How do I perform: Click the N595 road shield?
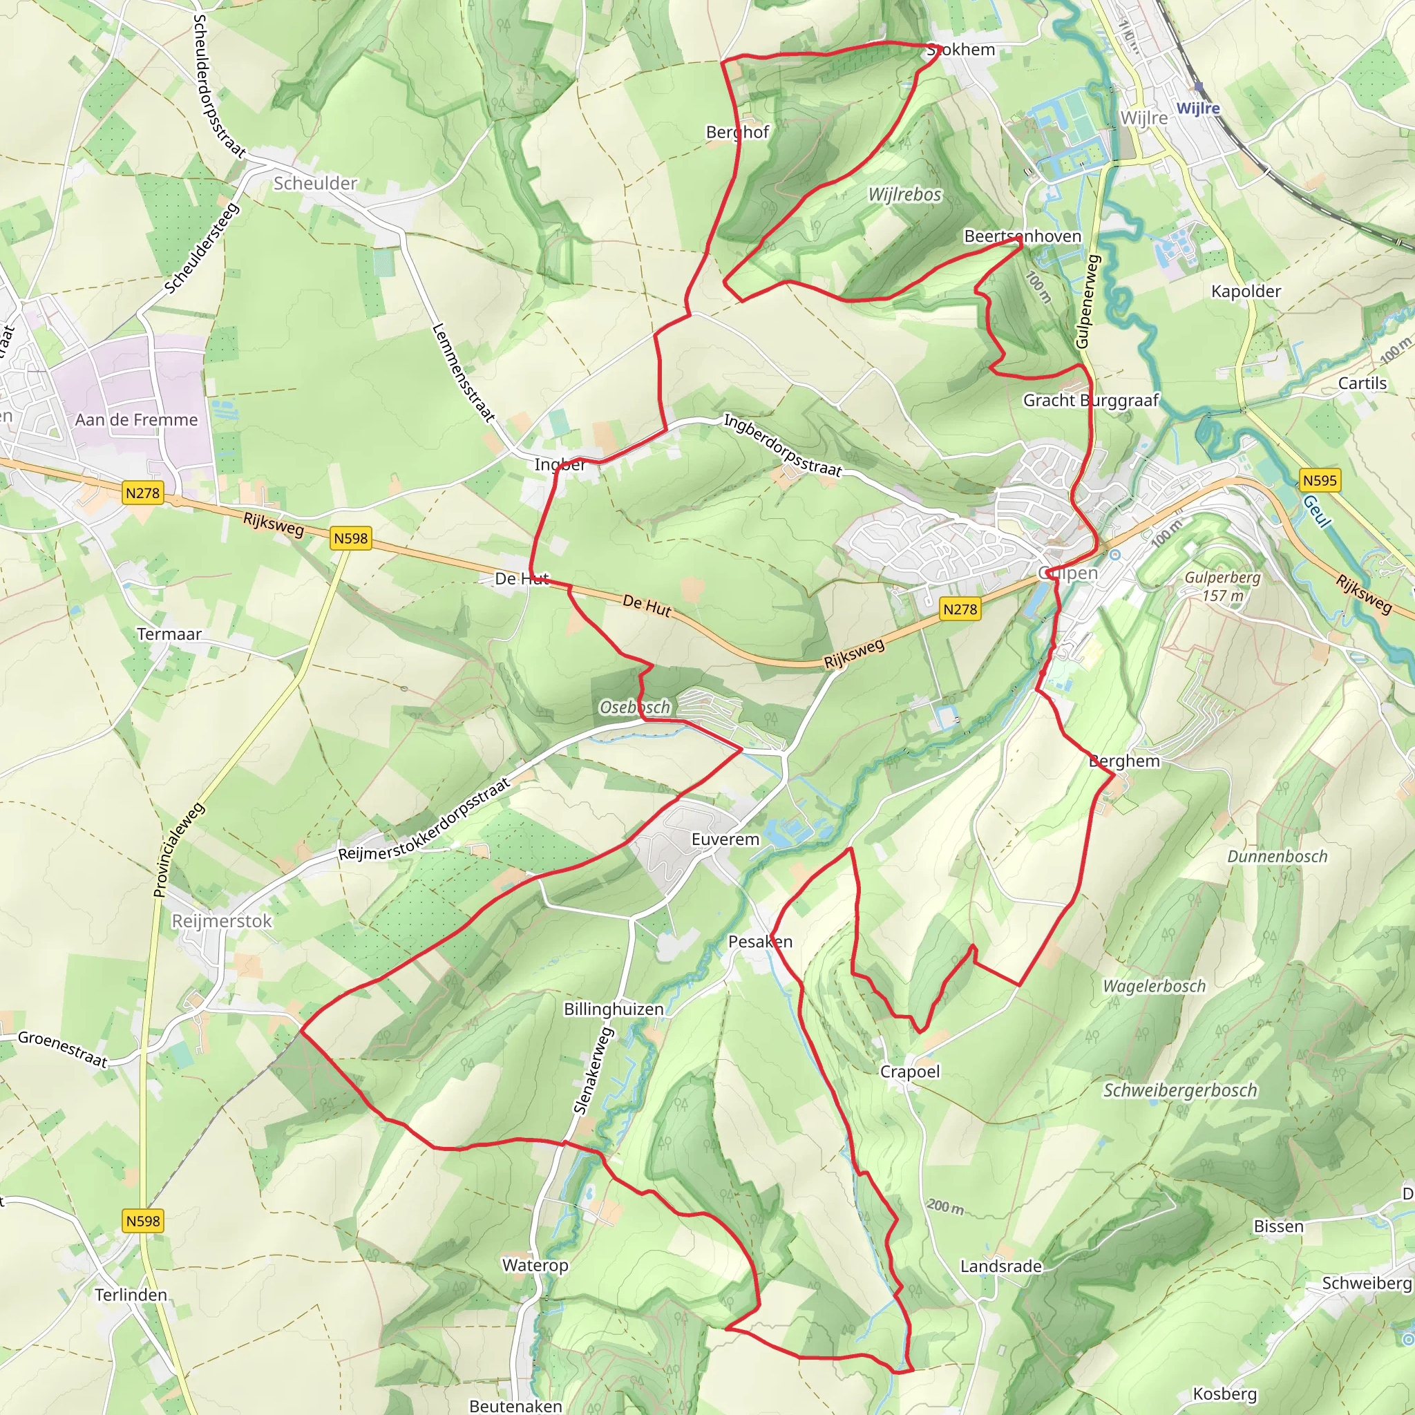1319,480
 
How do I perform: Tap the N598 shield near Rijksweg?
351,538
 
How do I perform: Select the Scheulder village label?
315,183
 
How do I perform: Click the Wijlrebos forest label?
904,194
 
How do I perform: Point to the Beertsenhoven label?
1023,236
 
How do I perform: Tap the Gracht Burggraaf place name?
1090,400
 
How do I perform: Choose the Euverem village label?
725,839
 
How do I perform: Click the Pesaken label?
760,941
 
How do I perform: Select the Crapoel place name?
910,1072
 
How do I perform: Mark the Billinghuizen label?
614,1009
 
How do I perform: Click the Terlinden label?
131,1294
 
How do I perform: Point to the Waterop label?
535,1265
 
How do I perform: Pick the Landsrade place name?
1000,1266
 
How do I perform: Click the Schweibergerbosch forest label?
1180,1090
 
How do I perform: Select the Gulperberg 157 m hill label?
1222,586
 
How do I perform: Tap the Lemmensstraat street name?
463,373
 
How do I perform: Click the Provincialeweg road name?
179,851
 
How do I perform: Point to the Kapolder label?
1246,291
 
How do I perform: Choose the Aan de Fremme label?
136,419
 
